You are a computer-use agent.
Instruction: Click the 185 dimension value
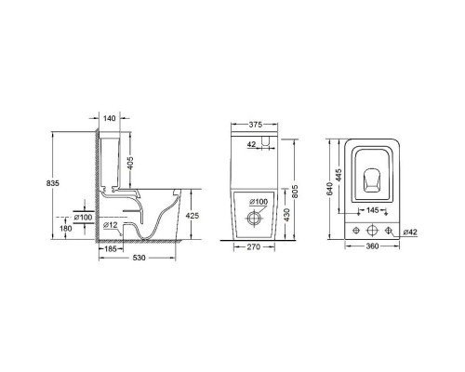(108, 250)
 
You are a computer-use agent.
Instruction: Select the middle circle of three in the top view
(372, 229)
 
